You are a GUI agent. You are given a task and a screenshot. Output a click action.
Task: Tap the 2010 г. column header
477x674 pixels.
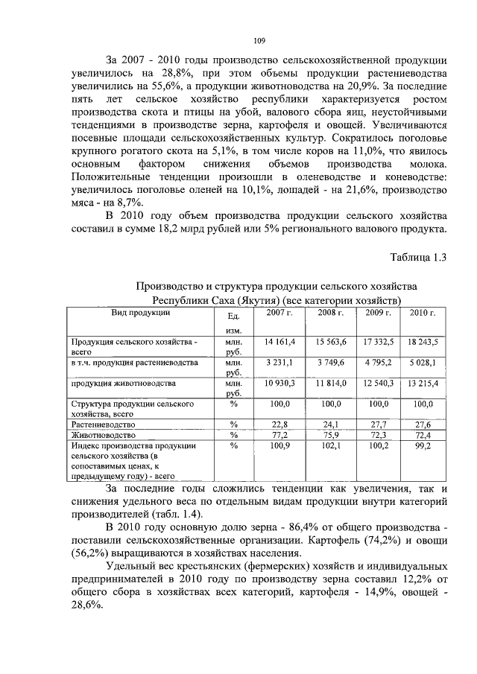pyautogui.click(x=423, y=313)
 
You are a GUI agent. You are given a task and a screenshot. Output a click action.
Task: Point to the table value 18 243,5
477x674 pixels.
pyautogui.click(x=423, y=341)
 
